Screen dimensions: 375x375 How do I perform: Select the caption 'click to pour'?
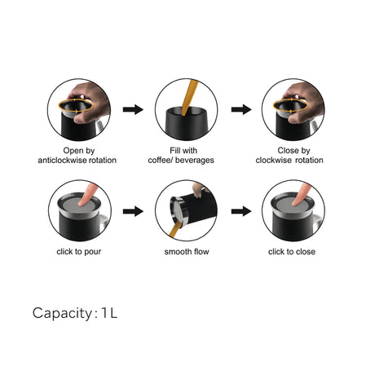[79, 252]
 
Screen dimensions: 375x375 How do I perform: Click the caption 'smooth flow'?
[187, 252]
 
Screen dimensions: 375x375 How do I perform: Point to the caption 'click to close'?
[292, 252]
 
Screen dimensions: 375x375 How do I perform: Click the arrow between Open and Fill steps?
[133, 109]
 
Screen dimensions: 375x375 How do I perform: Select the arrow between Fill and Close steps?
[241, 109]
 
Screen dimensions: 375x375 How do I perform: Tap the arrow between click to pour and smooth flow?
[133, 211]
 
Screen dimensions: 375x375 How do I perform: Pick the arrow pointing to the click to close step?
[241, 211]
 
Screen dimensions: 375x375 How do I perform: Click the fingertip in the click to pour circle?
[83, 202]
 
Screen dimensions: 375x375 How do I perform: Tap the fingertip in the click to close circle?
[297, 202]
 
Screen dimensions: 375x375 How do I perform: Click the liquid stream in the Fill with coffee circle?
[190, 96]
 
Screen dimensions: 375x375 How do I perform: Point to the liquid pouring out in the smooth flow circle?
[174, 230]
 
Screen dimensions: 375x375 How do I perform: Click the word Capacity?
[63, 313]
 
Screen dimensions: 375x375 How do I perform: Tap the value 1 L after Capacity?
[109, 313]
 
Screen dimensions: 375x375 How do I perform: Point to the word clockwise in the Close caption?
[274, 160]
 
